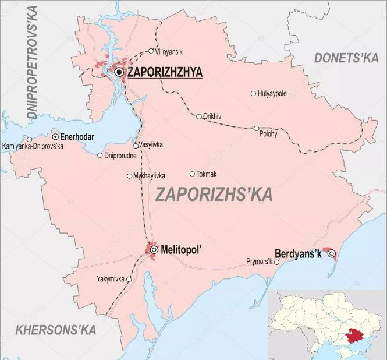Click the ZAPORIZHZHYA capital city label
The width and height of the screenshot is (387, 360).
[164, 72]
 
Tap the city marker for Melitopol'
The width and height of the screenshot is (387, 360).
[154, 250]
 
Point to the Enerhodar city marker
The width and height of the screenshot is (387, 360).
[55, 136]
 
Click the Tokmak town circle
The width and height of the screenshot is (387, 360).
[192, 174]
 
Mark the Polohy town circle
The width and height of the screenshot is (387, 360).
[256, 128]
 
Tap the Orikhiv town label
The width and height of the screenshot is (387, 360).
[212, 117]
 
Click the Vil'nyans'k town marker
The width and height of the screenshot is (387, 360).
[151, 51]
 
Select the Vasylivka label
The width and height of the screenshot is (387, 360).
[151, 145]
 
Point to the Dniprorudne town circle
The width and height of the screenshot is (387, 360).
[100, 156]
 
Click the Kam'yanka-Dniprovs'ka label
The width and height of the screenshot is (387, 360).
[33, 146]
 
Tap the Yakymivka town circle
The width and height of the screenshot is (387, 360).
[129, 279]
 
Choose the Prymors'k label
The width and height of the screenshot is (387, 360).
[260, 262]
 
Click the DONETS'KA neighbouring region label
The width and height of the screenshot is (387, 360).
[346, 57]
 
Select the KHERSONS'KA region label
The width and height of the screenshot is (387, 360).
[55, 330]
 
